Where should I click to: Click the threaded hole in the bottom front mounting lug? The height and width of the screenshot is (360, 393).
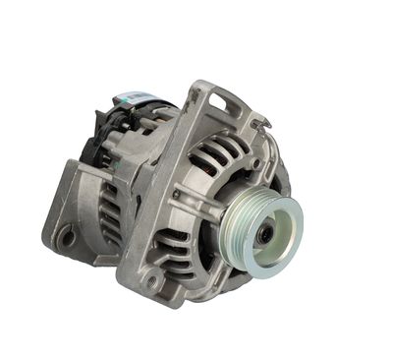pyautogui.click(x=150, y=282)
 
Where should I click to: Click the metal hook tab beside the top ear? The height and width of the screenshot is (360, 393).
pyautogui.click(x=259, y=122)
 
